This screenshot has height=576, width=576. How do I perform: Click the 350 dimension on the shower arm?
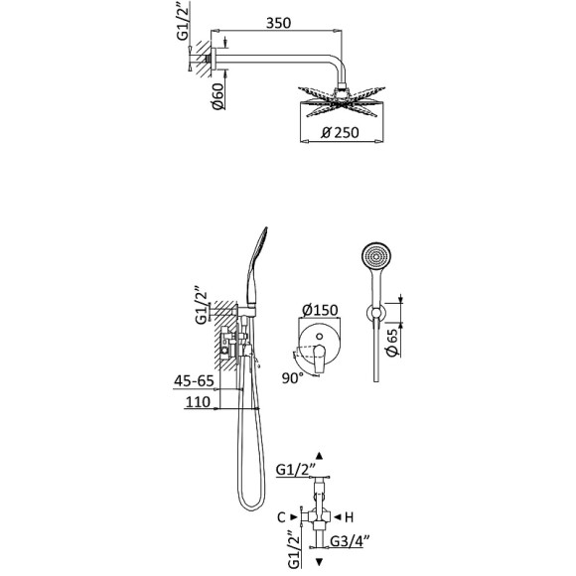pos(278,23)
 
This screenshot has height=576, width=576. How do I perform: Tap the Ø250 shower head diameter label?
pos(341,132)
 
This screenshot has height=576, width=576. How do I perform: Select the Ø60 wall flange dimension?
pos(217,96)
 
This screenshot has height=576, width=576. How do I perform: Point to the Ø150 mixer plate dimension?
pos(320,311)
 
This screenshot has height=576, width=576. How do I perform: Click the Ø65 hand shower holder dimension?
pos(392,343)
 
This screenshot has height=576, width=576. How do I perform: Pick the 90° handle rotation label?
pos(293,378)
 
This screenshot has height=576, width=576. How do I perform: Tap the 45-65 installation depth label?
pos(194,381)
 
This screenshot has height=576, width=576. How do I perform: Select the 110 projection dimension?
pos(198,402)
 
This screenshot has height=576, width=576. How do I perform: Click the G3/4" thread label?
pos(350,541)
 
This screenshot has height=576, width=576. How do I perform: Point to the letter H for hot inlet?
pos(349,517)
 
